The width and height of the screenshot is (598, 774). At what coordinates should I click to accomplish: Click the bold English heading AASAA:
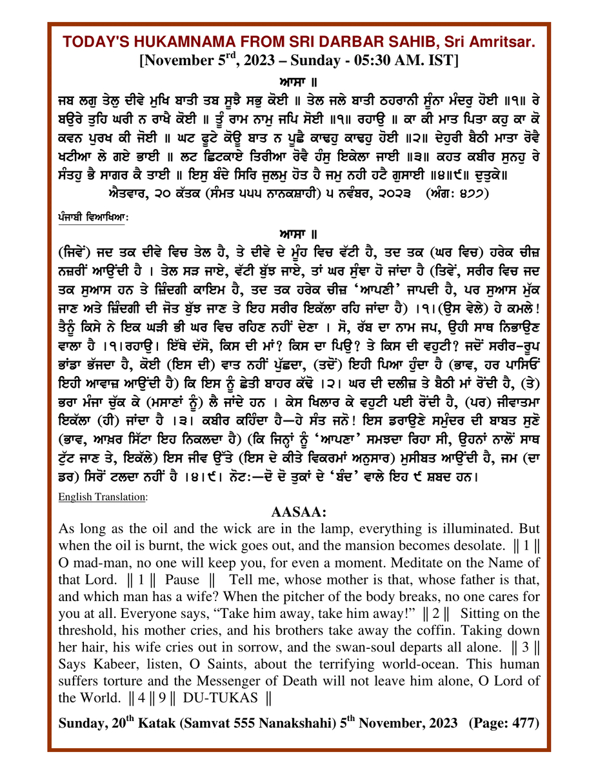(x=299, y=511)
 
